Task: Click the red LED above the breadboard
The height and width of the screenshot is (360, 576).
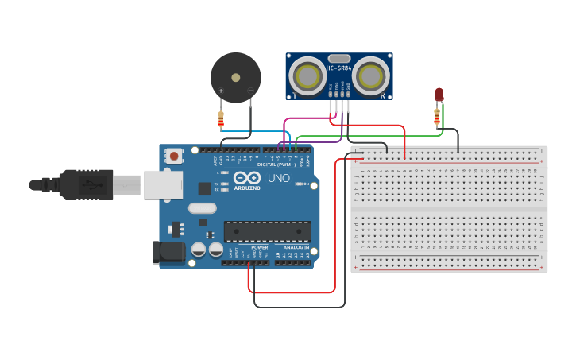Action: coord(439,95)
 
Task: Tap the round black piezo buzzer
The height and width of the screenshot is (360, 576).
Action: coord(235,77)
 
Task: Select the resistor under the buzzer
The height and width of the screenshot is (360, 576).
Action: coord(221,120)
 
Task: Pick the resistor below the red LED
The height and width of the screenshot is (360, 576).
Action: coord(436,118)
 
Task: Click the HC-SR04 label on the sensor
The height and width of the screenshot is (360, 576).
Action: coord(339,68)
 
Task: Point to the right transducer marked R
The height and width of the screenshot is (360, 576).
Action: coord(370,76)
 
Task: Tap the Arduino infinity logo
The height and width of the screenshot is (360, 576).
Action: coord(246,178)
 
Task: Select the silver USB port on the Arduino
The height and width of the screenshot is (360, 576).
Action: coord(163,185)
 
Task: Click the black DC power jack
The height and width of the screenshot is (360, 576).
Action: coord(168,253)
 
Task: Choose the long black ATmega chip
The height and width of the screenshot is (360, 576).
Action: coord(267,231)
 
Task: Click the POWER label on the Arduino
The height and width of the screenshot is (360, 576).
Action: coord(260,247)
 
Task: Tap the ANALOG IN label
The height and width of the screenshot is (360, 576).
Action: coord(296,247)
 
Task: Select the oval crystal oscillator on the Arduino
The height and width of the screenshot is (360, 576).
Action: coord(203,208)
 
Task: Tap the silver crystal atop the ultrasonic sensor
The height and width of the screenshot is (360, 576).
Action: coord(338,58)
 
